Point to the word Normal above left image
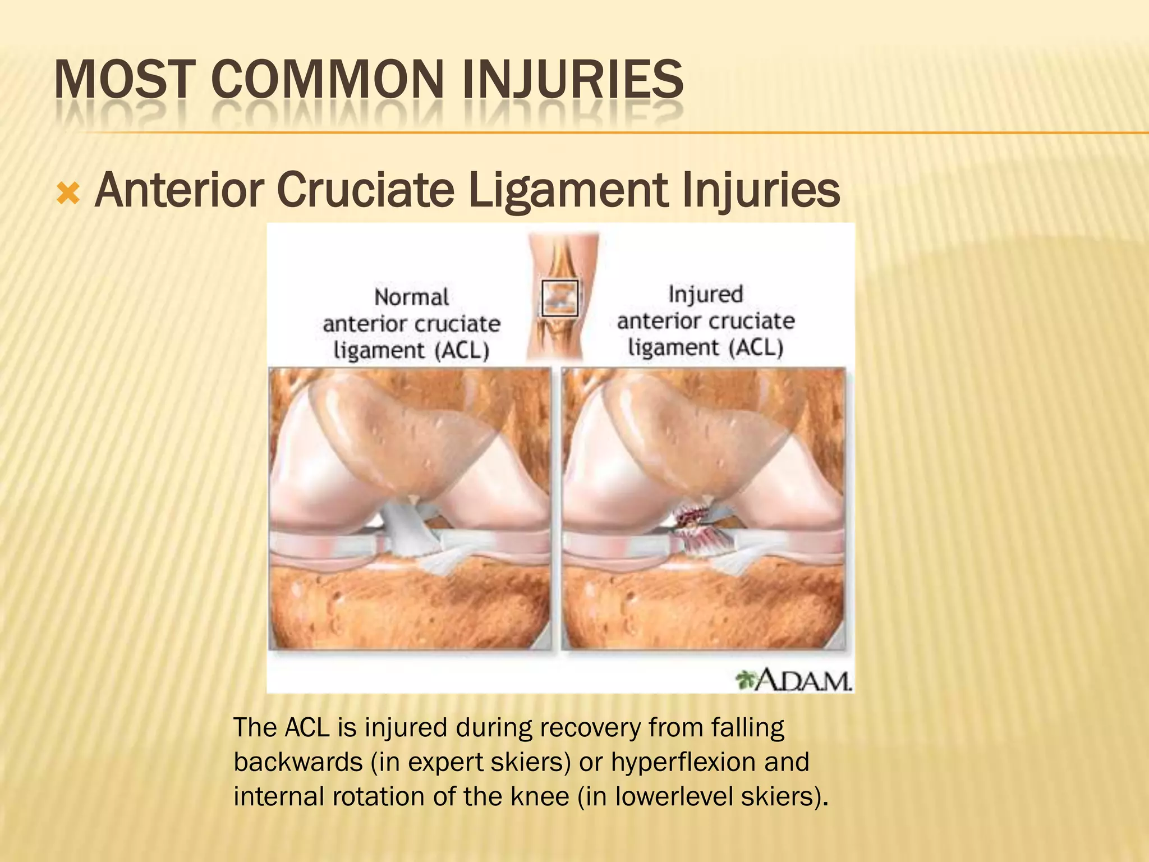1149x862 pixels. click(411, 297)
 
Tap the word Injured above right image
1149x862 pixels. click(705, 295)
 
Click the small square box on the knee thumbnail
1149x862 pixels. click(559, 298)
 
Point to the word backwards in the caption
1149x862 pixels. click(298, 762)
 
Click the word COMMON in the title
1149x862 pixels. click(328, 80)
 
